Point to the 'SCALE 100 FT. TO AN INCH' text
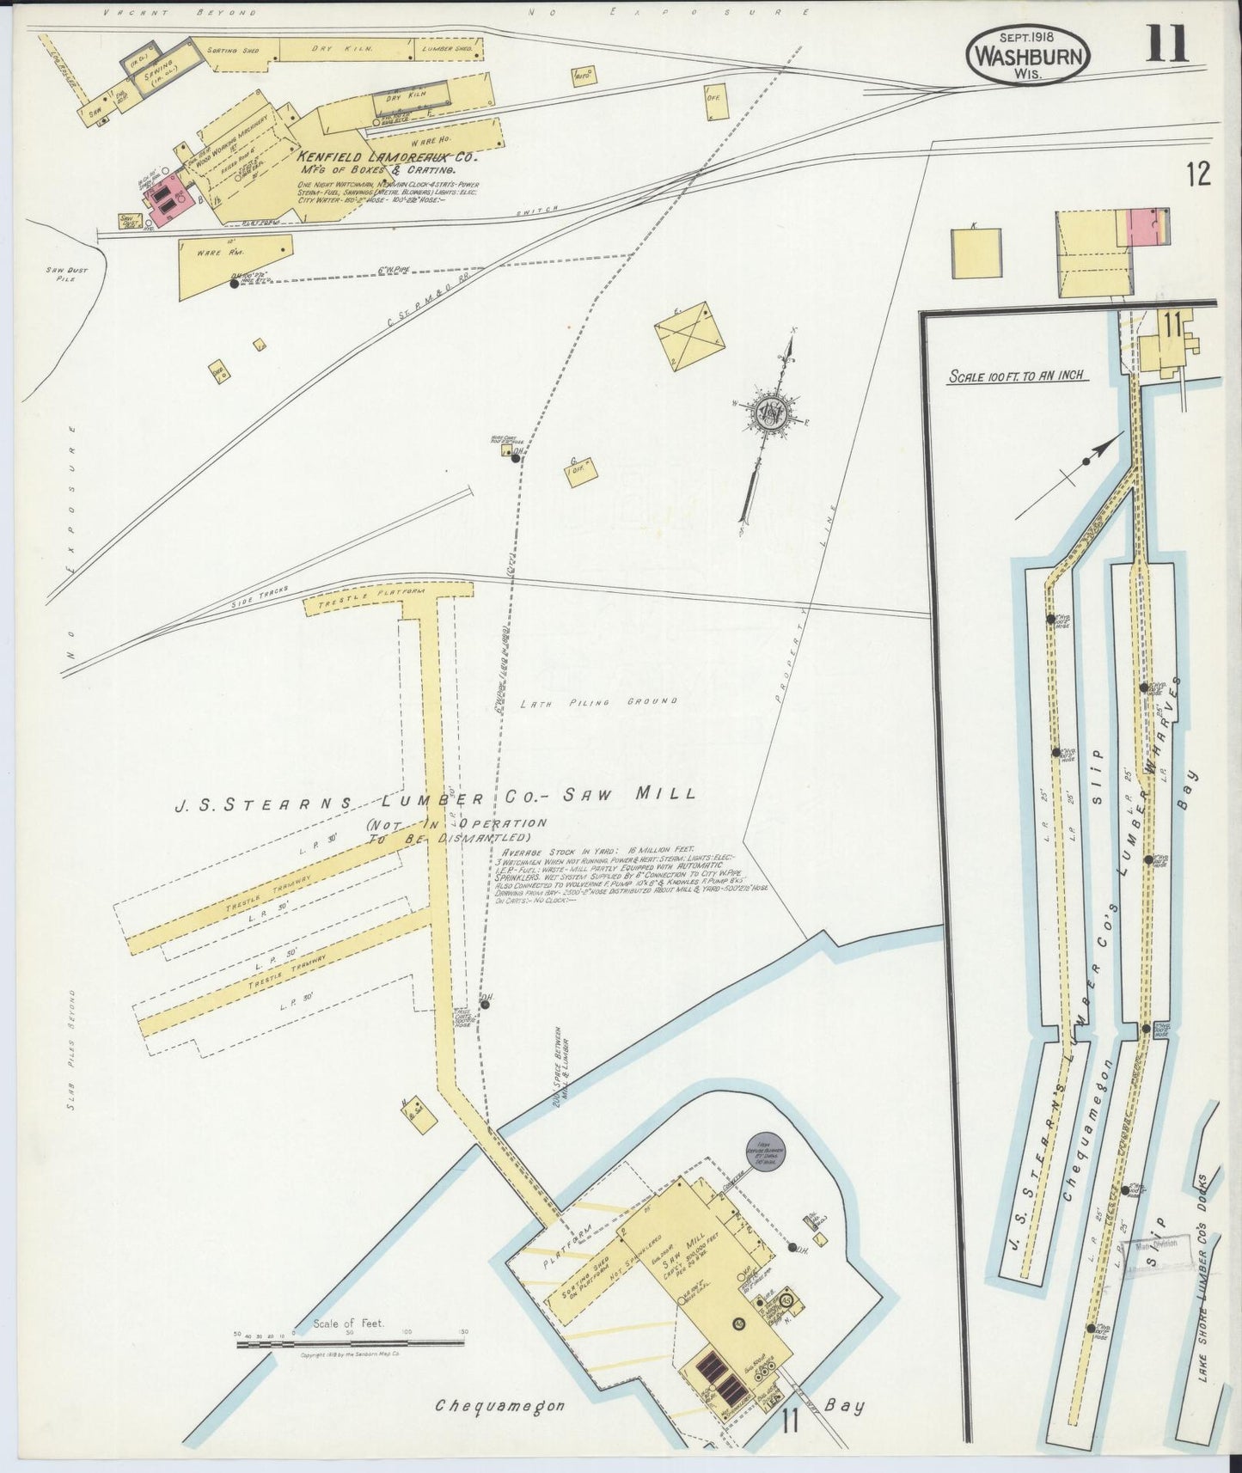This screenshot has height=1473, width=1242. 1015,376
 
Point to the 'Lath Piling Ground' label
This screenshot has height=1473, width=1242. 598,702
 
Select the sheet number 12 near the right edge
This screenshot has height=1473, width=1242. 1197,174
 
